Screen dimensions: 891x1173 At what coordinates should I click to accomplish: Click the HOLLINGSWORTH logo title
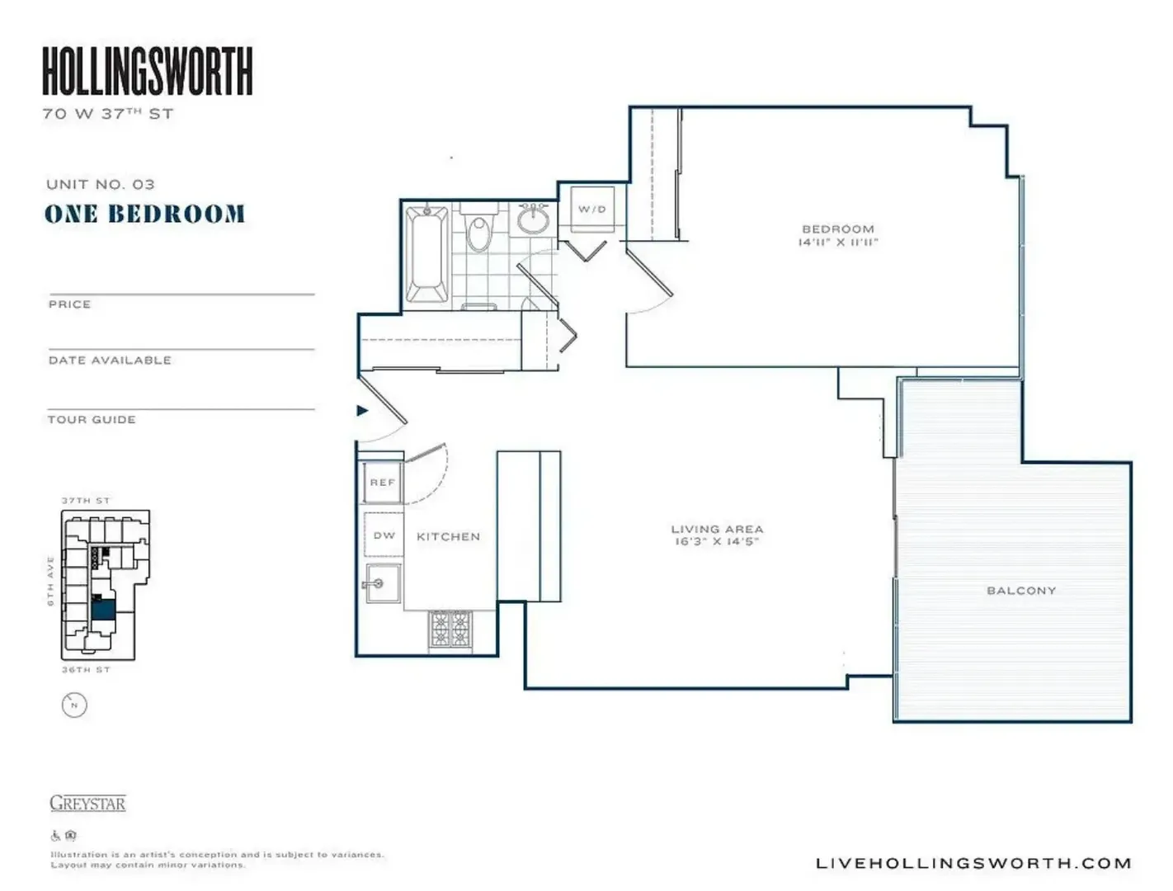coord(147,71)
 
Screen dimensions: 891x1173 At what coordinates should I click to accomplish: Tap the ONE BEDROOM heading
coord(145,214)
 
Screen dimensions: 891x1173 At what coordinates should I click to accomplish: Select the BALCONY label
coord(1021,591)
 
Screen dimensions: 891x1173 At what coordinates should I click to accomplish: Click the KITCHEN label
coord(448,537)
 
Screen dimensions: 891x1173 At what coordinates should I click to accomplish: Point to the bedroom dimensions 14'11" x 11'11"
coord(837,243)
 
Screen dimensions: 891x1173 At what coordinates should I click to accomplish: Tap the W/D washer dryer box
coord(591,210)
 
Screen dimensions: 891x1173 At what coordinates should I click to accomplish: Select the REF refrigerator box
coord(383,483)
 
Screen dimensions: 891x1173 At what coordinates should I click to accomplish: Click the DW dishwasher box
coord(384,535)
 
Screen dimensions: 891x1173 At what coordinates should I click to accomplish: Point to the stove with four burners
coord(450,629)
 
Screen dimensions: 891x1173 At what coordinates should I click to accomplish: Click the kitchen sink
coord(382,583)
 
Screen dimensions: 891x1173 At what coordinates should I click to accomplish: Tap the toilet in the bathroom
coord(478,231)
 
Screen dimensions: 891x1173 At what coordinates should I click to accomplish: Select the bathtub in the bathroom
coord(427,254)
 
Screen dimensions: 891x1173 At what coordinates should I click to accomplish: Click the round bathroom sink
coord(534,219)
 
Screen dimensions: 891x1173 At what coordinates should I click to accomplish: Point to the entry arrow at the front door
coord(362,411)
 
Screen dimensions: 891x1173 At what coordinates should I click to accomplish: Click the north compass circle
coord(74,705)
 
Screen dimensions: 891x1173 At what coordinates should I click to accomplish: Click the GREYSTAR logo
coord(87,804)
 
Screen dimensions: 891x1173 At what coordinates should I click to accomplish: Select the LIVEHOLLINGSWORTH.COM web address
coord(973,864)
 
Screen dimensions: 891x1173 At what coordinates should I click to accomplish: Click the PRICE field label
coord(69,304)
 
